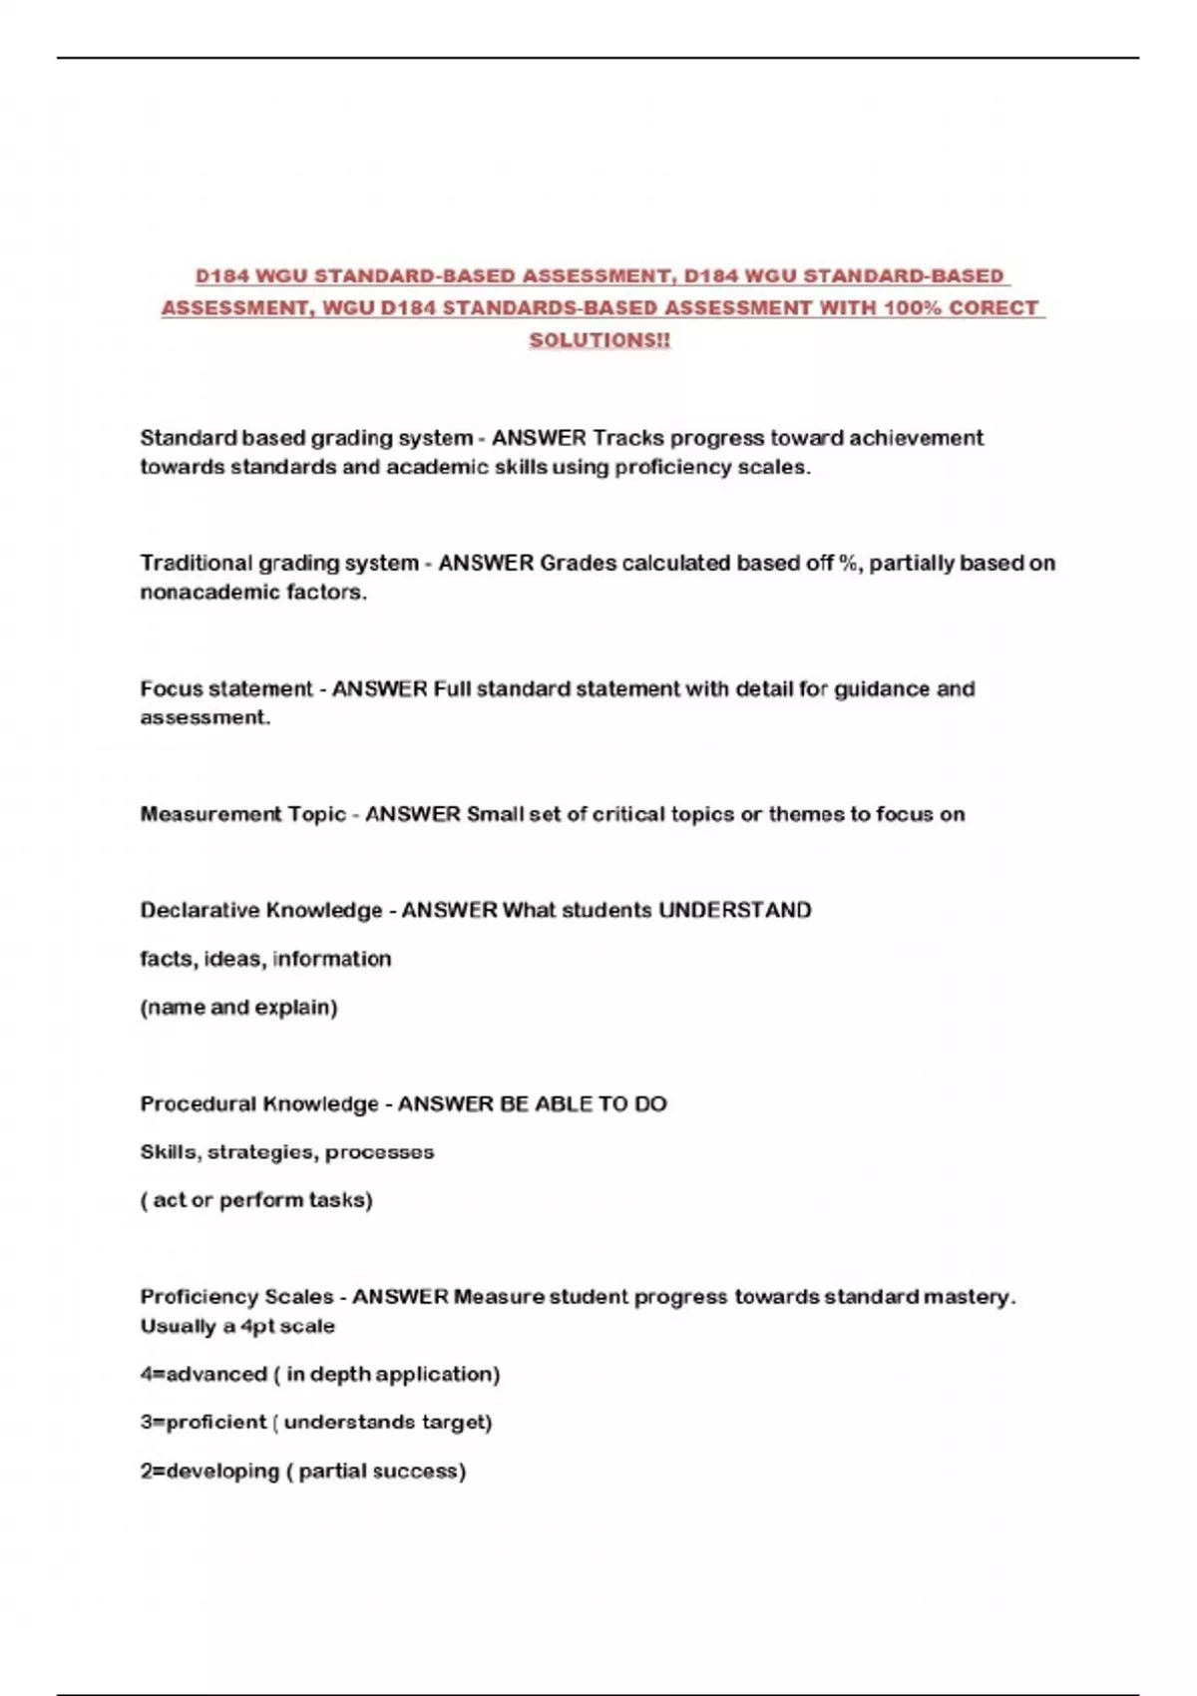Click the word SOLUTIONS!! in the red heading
coord(599,340)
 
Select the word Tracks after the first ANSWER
coord(627,438)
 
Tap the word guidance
coord(882,689)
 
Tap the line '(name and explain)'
coord(238,1008)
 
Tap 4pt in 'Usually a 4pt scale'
coord(257,1327)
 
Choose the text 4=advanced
coord(203,1375)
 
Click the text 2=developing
coord(209,1472)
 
